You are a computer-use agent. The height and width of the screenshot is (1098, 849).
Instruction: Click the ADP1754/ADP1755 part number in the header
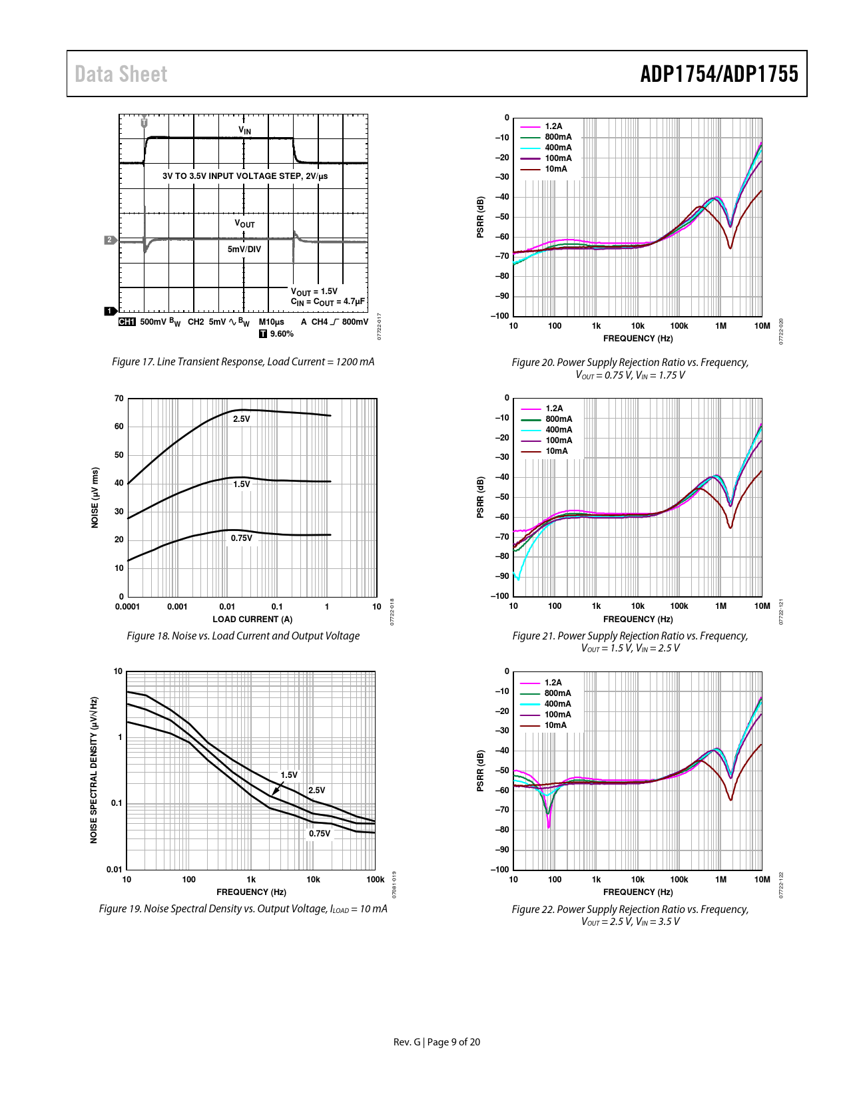pos(719,74)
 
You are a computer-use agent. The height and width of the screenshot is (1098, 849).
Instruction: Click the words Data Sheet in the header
pos(121,74)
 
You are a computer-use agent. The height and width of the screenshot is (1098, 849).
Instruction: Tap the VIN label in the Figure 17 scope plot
pos(245,130)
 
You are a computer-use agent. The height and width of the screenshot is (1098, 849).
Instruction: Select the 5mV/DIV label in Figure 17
pos(244,249)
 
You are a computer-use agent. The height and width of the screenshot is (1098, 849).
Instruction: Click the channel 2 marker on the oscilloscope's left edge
pos(110,240)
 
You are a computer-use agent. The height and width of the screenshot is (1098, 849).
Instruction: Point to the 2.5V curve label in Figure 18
pos(242,419)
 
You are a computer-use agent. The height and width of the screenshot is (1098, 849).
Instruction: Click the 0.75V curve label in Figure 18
pos(242,538)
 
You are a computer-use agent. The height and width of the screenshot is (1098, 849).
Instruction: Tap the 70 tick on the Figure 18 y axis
pos(119,399)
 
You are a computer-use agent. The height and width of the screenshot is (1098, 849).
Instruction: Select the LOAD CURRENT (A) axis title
pos(252,619)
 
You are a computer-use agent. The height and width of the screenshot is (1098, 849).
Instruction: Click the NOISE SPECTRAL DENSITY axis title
pos(94,770)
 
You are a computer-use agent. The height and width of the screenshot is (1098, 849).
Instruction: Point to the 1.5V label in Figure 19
pos(289,775)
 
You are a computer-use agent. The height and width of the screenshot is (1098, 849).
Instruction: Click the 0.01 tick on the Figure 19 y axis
pos(115,869)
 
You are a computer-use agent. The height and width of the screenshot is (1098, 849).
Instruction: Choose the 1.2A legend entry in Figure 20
pos(553,126)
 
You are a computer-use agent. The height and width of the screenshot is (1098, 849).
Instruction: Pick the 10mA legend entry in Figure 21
pos(557,451)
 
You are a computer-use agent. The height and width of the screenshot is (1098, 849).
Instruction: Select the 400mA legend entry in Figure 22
pos(557,704)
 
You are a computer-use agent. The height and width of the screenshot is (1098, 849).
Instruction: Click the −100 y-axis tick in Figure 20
pos(500,316)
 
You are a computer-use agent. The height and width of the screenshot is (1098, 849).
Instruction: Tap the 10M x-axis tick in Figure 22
pos(762,879)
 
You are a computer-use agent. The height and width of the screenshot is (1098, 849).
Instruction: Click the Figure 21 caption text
pos(630,641)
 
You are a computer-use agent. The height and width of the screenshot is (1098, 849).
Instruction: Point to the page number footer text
pos(436,1042)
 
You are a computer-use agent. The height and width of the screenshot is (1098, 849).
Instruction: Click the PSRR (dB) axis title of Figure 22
pos(480,771)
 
